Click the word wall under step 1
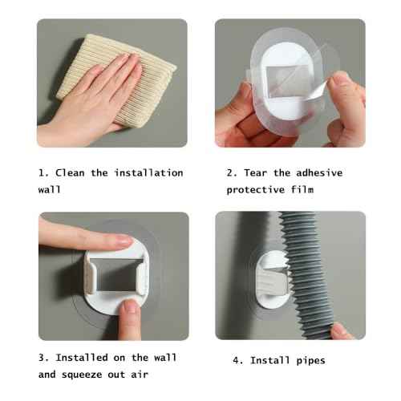tap(50, 191)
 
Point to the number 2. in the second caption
tap(231, 172)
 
